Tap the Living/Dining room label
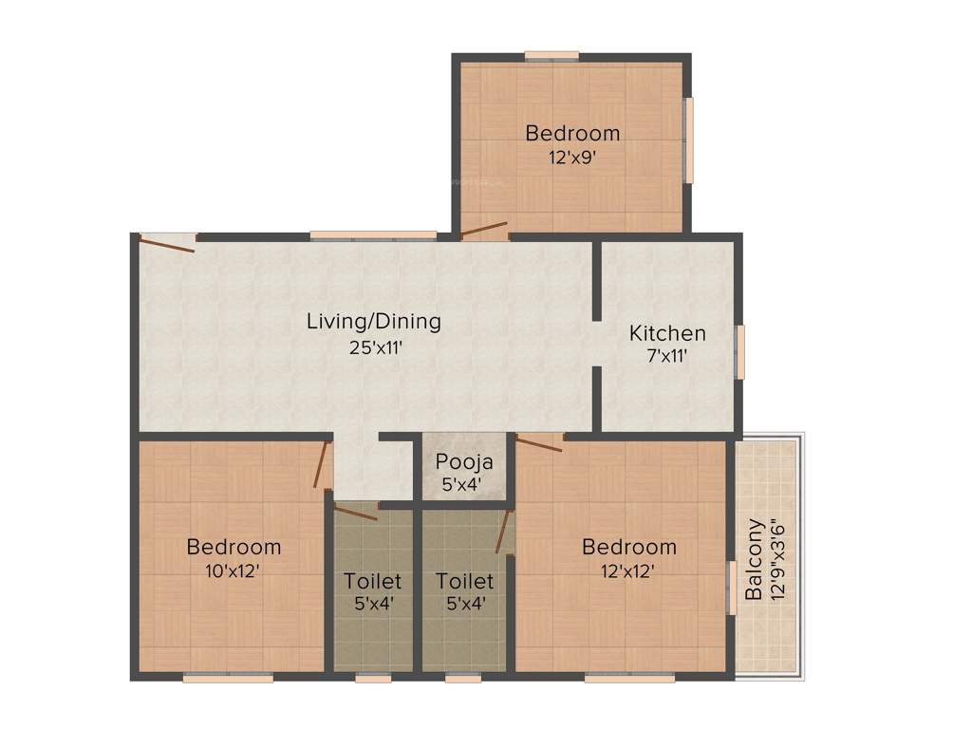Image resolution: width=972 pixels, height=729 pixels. click(x=374, y=321)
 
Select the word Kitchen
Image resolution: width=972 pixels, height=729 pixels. click(x=668, y=333)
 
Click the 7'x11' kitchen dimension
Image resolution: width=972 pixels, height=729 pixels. click(x=668, y=357)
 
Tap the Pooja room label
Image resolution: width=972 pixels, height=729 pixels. click(x=464, y=462)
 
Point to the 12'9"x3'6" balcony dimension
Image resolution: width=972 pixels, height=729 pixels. click(x=779, y=559)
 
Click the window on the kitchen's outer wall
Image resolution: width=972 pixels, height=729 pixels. click(x=741, y=352)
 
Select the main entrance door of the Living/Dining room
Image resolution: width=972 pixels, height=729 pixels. click(x=167, y=243)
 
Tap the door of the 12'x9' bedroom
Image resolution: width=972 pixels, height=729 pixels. click(x=483, y=229)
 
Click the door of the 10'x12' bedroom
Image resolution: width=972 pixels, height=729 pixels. click(x=323, y=464)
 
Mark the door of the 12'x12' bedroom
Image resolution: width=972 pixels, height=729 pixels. click(x=539, y=442)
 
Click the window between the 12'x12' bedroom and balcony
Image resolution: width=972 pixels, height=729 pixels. click(x=732, y=589)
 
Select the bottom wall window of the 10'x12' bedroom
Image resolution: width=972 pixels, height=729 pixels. click(x=228, y=678)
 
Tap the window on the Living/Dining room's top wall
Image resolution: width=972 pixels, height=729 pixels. click(x=373, y=234)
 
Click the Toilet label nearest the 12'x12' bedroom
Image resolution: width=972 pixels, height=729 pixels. click(x=464, y=580)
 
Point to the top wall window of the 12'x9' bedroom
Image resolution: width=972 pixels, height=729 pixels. click(x=552, y=55)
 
